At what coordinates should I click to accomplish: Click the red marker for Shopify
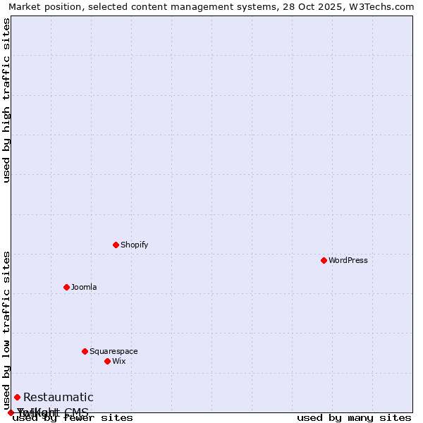pyautogui.click(x=116, y=245)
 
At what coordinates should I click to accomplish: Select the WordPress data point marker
pyautogui.click(x=324, y=260)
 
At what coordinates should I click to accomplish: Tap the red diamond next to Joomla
pyautogui.click(x=66, y=287)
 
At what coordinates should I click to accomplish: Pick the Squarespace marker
pyautogui.click(x=85, y=351)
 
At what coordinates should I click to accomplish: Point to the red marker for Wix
pyautogui.click(x=107, y=361)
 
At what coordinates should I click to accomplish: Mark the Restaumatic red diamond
pyautogui.click(x=17, y=397)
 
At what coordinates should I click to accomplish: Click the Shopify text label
pyautogui.click(x=134, y=245)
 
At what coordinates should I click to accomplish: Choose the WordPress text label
pyautogui.click(x=348, y=260)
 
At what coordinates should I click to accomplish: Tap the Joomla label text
pyautogui.click(x=84, y=287)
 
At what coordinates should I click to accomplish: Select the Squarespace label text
pyautogui.click(x=114, y=351)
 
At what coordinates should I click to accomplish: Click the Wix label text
pyautogui.click(x=118, y=361)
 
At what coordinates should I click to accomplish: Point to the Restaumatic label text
pyautogui.click(x=58, y=398)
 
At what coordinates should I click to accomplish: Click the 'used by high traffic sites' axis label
pyautogui.click(x=6, y=100)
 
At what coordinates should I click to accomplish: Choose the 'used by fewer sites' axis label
pyautogui.click(x=73, y=418)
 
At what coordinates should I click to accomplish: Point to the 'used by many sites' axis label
pyautogui.click(x=354, y=418)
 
